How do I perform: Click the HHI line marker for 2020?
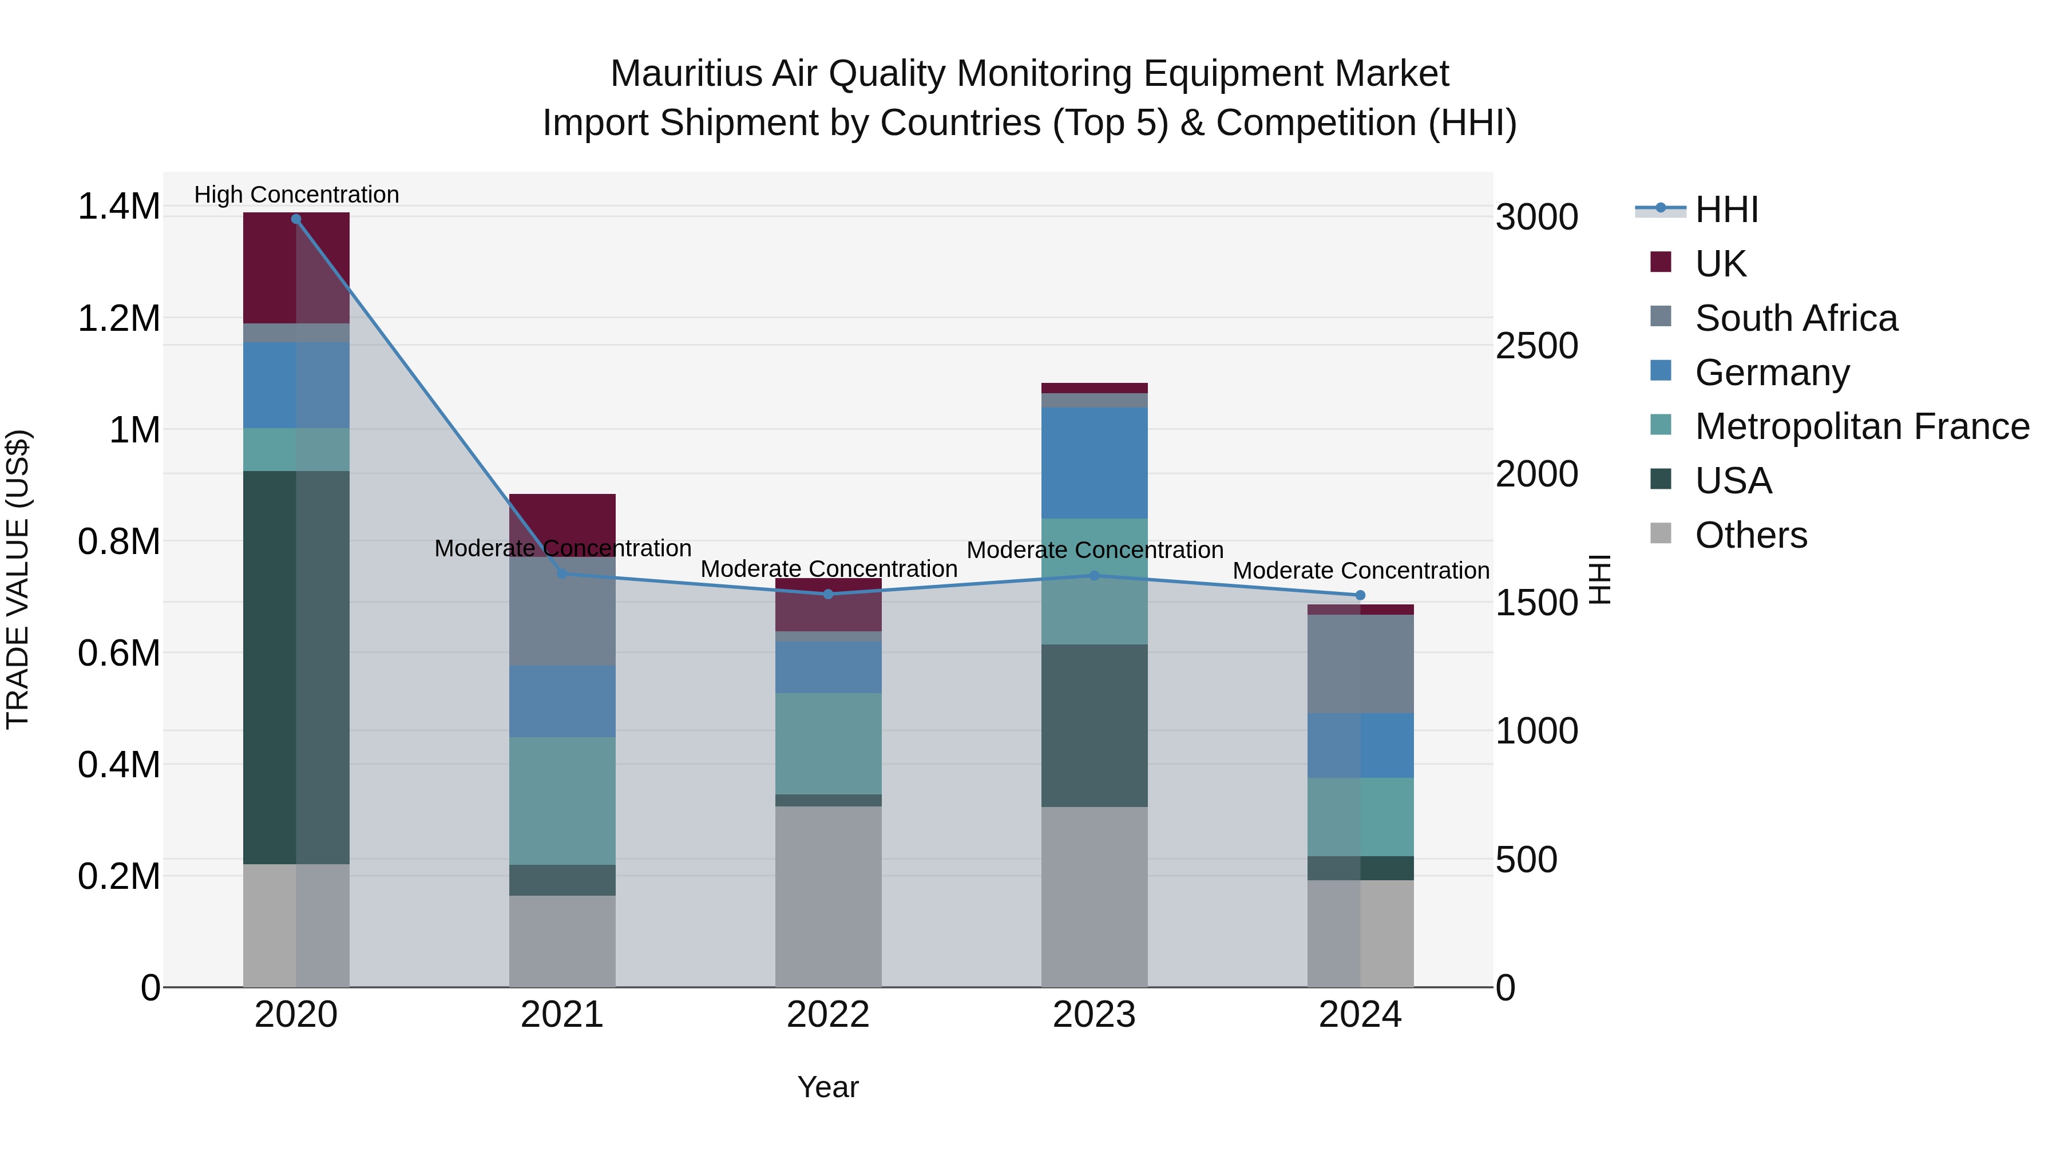click(296, 219)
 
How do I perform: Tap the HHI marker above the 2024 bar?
click(1360, 596)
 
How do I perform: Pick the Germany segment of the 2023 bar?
click(1094, 463)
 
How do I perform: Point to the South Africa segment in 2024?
click(1360, 664)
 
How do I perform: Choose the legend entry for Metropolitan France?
click(1861, 426)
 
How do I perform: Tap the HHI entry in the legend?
click(1726, 209)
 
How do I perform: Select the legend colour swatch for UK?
click(1661, 262)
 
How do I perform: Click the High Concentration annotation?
click(296, 195)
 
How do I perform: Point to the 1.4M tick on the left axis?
click(118, 207)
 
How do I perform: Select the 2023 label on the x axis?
click(1094, 1015)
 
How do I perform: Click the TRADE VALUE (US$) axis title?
click(18, 579)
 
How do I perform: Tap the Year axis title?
click(827, 1087)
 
